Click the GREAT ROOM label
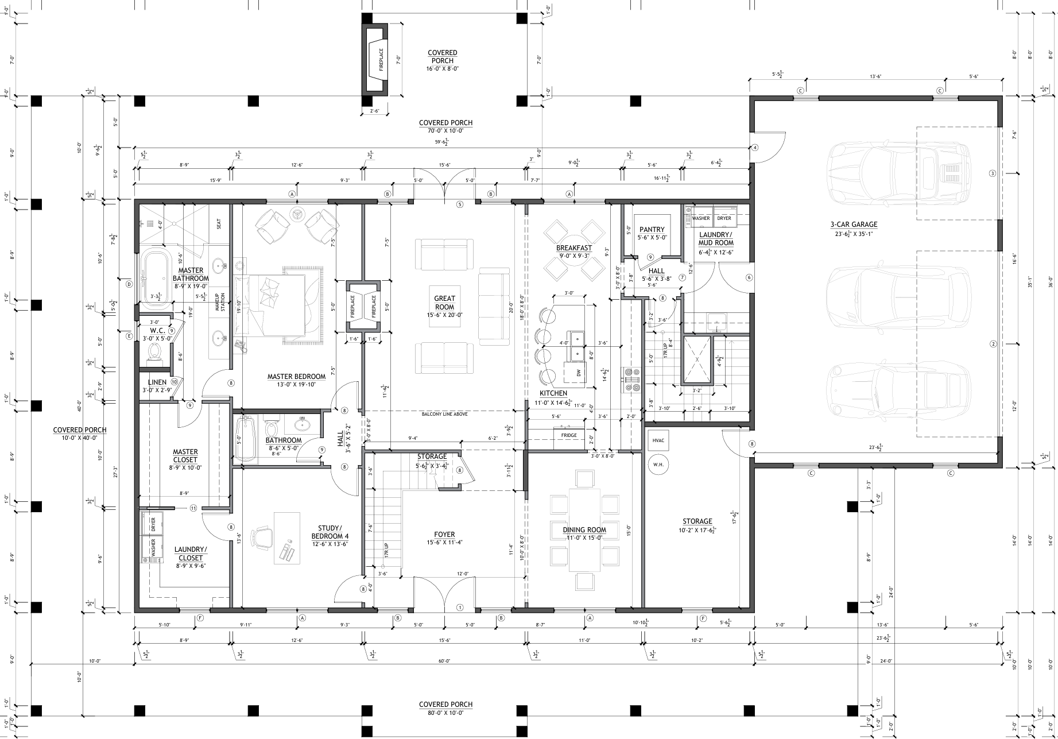pyautogui.click(x=444, y=303)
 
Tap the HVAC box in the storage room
pyautogui.click(x=658, y=440)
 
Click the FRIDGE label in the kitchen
pyautogui.click(x=569, y=435)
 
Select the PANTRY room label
pyautogui.click(x=652, y=230)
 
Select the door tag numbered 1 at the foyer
pyautogui.click(x=459, y=607)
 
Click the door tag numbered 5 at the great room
pyautogui.click(x=459, y=204)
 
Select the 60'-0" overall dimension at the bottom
pyautogui.click(x=443, y=661)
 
